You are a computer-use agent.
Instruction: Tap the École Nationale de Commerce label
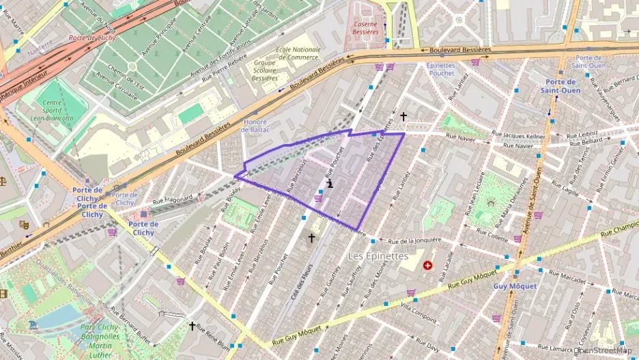[x=298, y=53]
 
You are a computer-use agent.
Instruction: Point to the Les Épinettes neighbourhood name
[x=378, y=256]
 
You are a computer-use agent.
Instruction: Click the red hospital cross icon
[x=428, y=265]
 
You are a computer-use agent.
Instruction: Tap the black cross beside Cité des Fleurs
[x=312, y=238]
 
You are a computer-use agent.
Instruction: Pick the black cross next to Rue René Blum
[x=192, y=327]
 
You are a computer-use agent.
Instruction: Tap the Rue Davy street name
[x=427, y=348]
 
